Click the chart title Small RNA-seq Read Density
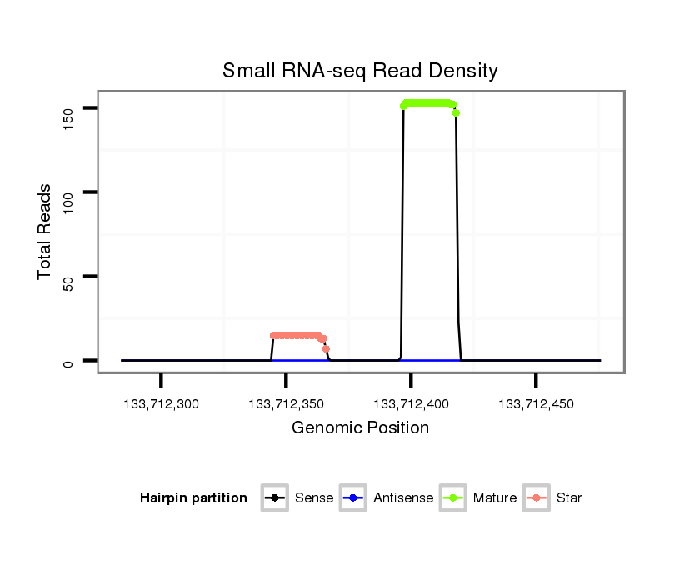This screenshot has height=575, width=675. click(x=360, y=71)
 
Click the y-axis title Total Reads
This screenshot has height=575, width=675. click(x=46, y=232)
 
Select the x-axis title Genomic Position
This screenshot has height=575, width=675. click(x=360, y=428)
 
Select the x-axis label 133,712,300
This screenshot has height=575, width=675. click(x=161, y=404)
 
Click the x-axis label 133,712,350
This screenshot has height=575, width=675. click(x=286, y=404)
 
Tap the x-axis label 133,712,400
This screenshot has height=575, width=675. click(x=411, y=404)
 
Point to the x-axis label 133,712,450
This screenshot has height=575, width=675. click(x=536, y=404)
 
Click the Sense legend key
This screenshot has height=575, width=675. click(x=274, y=498)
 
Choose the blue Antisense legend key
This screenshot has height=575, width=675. click(x=353, y=498)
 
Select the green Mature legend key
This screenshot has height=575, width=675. click(x=453, y=498)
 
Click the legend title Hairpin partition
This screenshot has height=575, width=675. click(x=193, y=498)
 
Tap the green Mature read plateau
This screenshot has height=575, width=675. click(x=428, y=103)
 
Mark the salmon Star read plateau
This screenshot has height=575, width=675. click(x=297, y=335)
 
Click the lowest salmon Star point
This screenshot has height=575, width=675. click(x=327, y=348)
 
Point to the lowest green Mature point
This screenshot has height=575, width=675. click(x=457, y=113)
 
